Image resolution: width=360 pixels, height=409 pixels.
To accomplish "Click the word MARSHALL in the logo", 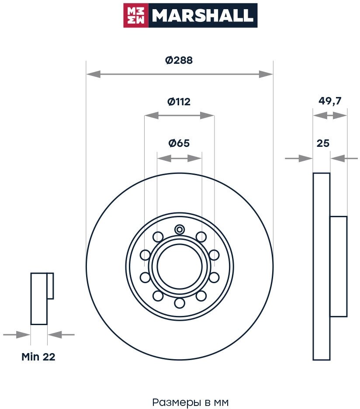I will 202,16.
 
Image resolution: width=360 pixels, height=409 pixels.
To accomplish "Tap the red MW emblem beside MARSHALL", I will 136,16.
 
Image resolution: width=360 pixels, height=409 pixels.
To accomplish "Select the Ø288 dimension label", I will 179,61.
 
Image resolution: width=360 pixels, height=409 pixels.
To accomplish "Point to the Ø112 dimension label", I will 179,102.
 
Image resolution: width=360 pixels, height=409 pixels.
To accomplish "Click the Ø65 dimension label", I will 179,143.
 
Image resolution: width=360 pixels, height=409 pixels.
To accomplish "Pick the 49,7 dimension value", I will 330,101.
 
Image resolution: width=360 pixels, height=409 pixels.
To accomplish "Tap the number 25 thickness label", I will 323,143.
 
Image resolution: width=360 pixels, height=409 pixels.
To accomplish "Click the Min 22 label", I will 38,357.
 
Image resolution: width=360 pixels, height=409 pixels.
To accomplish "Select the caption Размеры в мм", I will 190,402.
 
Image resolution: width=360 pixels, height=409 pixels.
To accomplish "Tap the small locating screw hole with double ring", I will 180,229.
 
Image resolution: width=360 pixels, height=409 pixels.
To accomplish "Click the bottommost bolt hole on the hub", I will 179,302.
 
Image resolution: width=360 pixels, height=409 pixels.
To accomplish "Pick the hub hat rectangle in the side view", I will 338,266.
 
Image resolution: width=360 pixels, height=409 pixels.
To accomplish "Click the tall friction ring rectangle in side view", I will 322,266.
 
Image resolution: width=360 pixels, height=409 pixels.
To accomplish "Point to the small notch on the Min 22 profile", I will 50,286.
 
